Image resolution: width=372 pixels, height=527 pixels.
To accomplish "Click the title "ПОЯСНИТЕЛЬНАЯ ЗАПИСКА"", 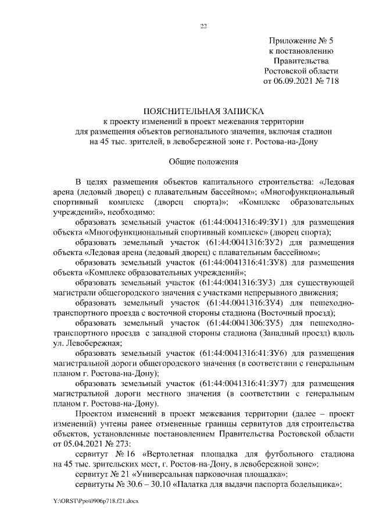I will [x=203, y=111].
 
